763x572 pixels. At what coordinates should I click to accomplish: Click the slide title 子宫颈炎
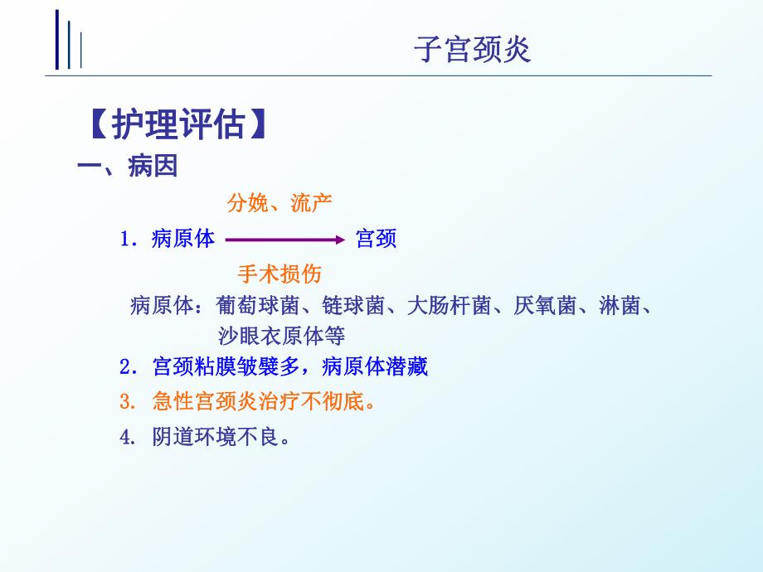pos(472,51)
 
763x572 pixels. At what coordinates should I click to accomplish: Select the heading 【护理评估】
pos(177,125)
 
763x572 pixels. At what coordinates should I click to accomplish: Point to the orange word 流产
pos(312,203)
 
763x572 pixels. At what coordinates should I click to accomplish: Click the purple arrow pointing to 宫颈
pos(284,240)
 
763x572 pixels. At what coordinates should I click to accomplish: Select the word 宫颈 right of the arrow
pos(376,240)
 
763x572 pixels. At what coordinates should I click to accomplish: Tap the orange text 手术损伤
pos(279,274)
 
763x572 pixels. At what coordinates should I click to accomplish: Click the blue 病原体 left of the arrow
pos(183,240)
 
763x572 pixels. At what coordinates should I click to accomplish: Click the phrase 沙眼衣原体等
pos(281,336)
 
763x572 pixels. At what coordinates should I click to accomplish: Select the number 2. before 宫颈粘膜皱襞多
pos(127,366)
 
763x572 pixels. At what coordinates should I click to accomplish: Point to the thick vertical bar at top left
pos(57,39)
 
